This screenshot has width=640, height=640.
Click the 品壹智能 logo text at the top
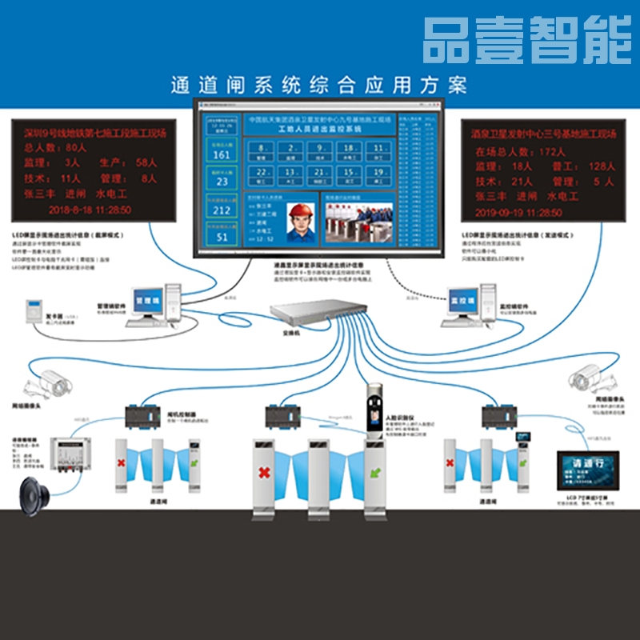527,40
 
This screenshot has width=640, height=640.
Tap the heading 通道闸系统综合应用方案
318,84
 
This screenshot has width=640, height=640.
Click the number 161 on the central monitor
222,154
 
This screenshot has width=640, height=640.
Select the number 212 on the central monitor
222,210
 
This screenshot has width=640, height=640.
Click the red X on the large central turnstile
263,474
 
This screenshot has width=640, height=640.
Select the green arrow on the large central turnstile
374,475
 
